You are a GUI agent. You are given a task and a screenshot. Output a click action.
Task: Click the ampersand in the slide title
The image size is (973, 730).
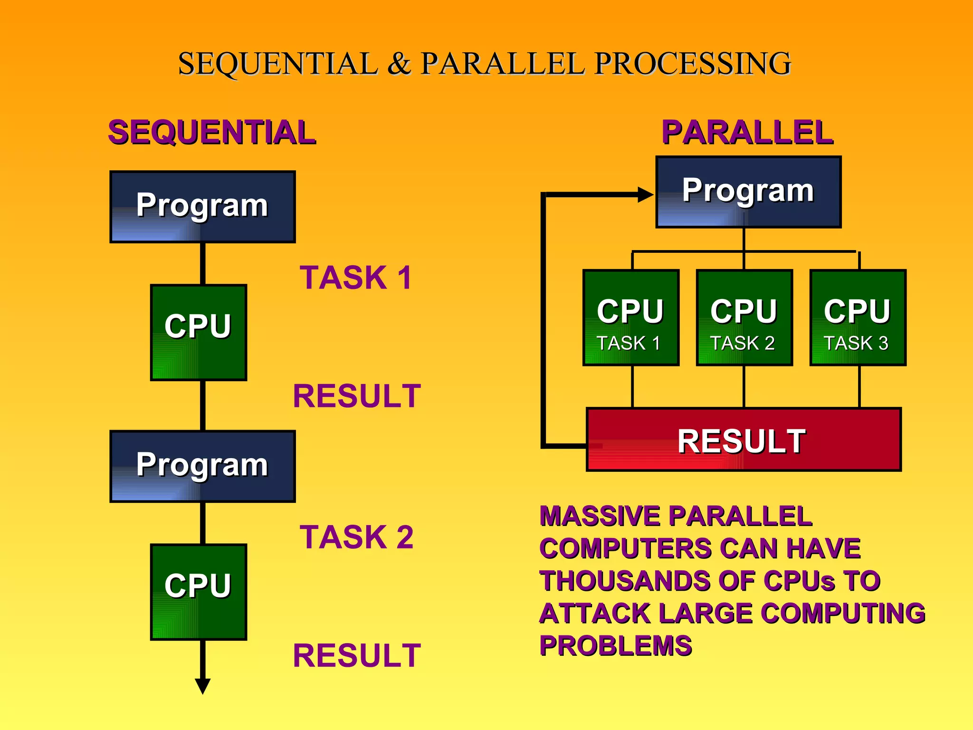(399, 64)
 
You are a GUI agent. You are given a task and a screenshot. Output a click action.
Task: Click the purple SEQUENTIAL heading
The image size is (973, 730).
(212, 132)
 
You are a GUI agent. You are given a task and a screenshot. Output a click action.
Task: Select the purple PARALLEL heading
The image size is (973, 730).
(747, 132)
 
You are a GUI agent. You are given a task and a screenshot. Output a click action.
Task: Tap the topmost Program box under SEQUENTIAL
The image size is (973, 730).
(202, 207)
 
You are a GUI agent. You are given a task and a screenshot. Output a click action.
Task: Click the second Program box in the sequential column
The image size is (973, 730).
(202, 466)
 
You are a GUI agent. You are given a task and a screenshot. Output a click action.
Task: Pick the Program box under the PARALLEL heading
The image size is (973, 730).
(748, 192)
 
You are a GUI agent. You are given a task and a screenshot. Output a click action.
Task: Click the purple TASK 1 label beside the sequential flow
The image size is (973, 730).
(355, 278)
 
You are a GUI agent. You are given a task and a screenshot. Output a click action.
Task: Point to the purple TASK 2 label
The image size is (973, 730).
(356, 537)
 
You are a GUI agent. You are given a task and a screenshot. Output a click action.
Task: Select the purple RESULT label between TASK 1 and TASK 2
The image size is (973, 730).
(357, 396)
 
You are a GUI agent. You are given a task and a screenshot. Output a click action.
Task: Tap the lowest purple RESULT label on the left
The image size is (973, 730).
(357, 655)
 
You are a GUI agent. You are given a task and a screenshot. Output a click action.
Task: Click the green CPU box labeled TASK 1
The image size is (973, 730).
(630, 317)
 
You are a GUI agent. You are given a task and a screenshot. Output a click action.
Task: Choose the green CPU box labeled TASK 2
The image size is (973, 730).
(744, 317)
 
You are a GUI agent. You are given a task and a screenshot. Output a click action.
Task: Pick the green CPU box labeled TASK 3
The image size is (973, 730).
(858, 317)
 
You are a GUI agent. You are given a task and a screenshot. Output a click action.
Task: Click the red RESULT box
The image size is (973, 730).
(744, 440)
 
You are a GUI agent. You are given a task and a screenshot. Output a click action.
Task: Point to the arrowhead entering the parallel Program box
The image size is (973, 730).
(645, 194)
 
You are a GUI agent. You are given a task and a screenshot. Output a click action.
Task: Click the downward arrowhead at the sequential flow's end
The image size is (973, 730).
(203, 686)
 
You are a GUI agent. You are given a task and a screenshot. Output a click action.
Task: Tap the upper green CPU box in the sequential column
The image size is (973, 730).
(199, 332)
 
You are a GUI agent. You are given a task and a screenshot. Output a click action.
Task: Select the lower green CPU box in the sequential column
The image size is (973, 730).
(199, 592)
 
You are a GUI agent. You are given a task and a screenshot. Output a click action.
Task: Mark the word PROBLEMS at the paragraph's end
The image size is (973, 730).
(616, 645)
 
